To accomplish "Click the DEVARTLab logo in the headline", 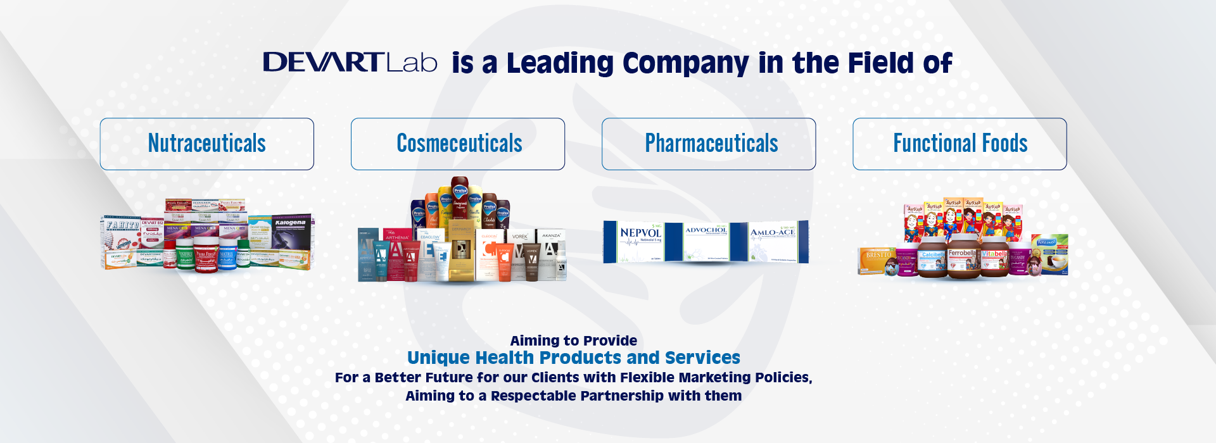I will point(350,63).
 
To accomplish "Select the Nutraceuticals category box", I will point(207,144).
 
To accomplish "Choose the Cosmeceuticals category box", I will point(458,144).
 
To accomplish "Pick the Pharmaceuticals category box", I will point(709,144).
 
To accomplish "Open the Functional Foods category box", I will point(959,144).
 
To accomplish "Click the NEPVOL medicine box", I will point(640,242).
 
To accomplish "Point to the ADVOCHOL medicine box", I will point(706,240).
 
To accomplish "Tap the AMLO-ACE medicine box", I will point(774,242).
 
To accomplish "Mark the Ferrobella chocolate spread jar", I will point(963,256).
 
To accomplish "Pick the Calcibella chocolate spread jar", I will point(932,259).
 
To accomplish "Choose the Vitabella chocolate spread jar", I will point(994,258).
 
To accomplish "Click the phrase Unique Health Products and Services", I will point(573,358).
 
